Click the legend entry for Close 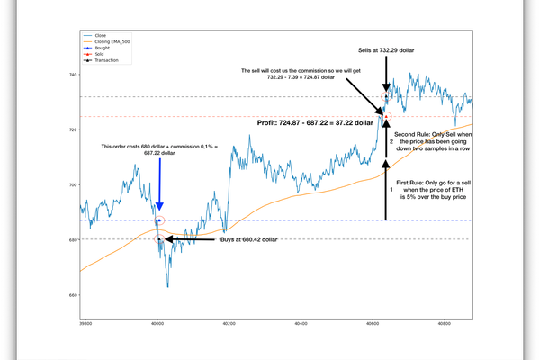point(100,35)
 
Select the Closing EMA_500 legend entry point(112,41)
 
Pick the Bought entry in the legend point(102,48)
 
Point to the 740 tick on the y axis point(72,76)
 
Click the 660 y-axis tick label point(72,295)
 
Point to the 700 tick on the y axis point(72,185)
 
